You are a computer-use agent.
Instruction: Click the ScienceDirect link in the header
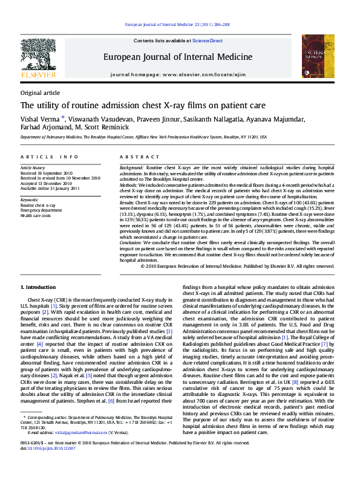click(x=207, y=41)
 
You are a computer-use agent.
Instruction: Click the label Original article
click(x=40, y=92)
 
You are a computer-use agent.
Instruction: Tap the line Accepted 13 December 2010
click(x=48, y=183)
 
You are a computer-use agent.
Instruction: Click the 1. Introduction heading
click(x=38, y=287)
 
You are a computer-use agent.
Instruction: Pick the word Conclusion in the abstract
click(x=133, y=242)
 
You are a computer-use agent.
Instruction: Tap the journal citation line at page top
click(x=177, y=24)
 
